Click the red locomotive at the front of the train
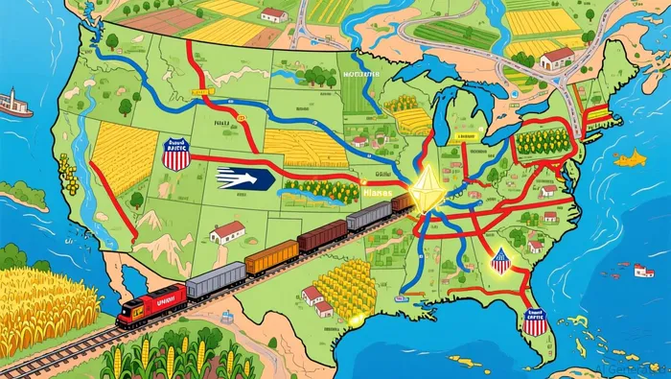(149, 306)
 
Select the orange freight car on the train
(271, 257)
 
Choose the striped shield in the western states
(176, 154)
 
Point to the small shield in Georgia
(499, 260)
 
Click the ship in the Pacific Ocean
(14, 104)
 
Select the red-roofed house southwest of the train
(227, 231)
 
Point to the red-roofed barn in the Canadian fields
(274, 13)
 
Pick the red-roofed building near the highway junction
(557, 59)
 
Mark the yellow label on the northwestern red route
(200, 93)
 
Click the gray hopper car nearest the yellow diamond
(368, 216)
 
